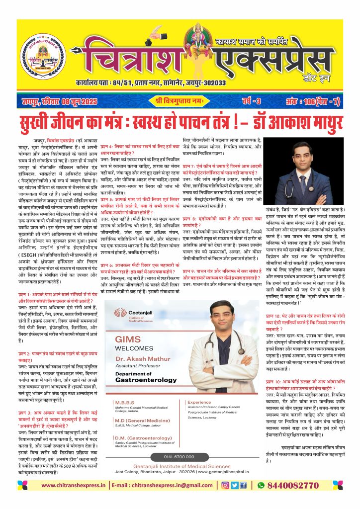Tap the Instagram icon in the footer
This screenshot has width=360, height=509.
(x=225, y=499)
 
